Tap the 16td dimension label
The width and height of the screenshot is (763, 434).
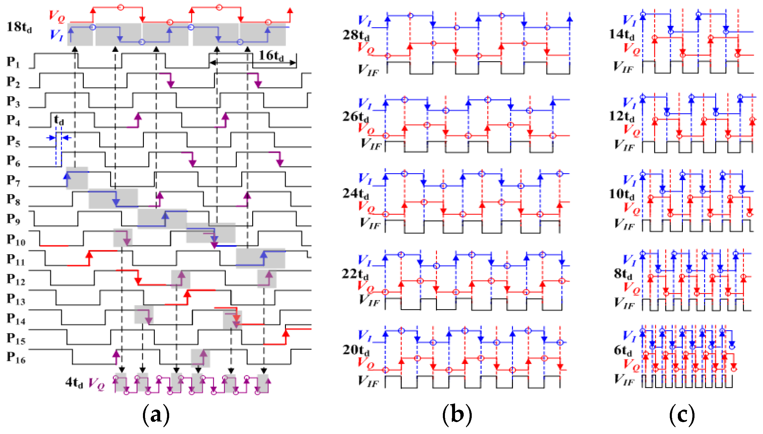271,56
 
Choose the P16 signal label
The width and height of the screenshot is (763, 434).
16,357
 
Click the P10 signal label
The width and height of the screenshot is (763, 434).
16,240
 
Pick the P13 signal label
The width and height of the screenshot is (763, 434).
16,299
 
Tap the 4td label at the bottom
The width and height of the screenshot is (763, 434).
74,382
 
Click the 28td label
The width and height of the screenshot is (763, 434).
356,35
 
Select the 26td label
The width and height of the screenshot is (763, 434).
355,117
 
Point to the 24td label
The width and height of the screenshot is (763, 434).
355,194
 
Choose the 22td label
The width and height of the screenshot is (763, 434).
355,274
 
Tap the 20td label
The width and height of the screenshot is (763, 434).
355,350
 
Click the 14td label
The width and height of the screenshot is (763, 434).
621,35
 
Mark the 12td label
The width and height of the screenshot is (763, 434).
621,116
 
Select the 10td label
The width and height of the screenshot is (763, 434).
621,194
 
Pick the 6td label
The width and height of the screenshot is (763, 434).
622,350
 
